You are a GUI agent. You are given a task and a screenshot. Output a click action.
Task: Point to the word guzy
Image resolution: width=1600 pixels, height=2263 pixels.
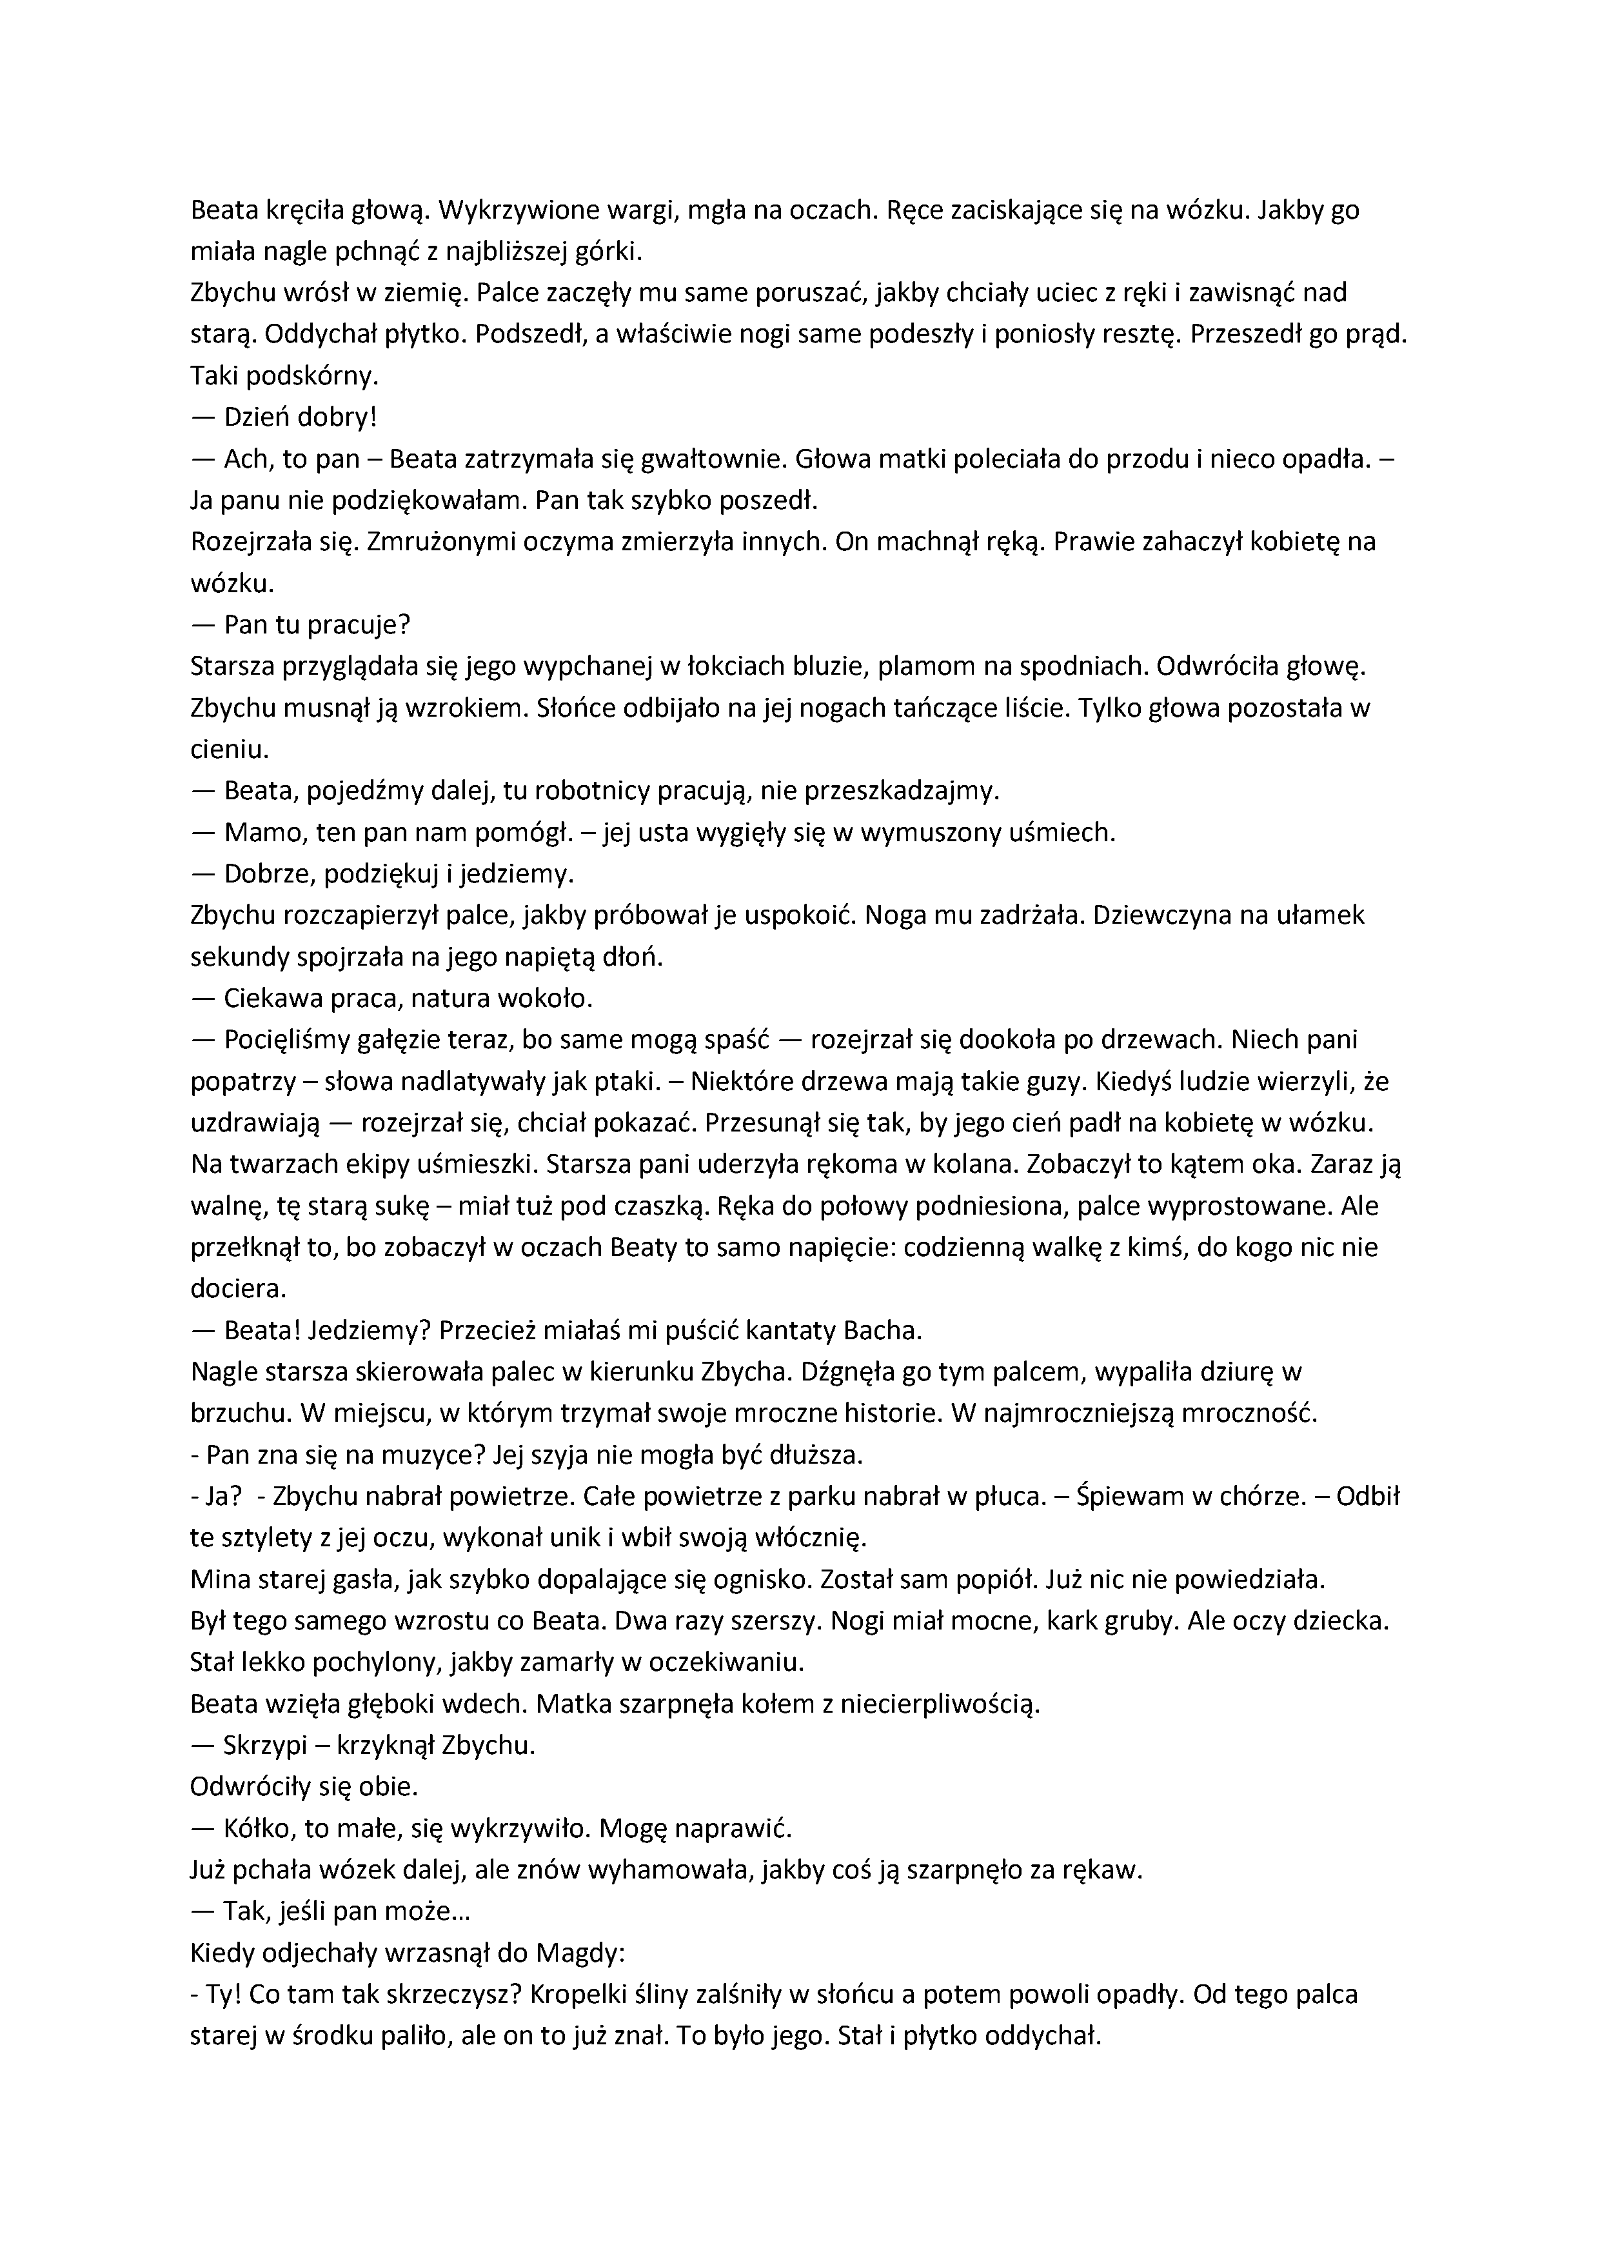click(x=1054, y=1081)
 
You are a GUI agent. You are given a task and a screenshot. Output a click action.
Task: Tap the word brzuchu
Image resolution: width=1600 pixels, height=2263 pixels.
click(x=235, y=1413)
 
